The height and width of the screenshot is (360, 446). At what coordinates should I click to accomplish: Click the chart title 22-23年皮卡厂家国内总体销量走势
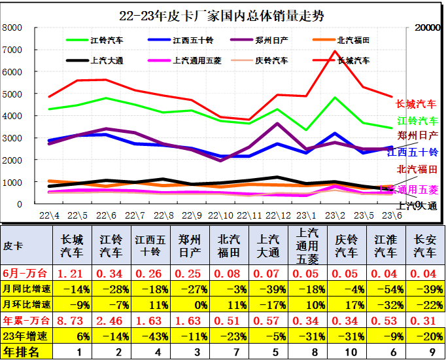point(222,15)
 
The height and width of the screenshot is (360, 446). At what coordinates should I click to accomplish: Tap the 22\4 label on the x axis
point(49,214)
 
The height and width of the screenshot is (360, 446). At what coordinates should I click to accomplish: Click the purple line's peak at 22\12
point(278,123)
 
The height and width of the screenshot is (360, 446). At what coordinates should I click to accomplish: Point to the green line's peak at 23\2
point(335,98)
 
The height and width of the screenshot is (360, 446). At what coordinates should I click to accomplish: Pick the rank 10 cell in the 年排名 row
point(346,352)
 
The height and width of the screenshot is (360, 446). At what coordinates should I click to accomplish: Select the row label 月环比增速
point(26,304)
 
